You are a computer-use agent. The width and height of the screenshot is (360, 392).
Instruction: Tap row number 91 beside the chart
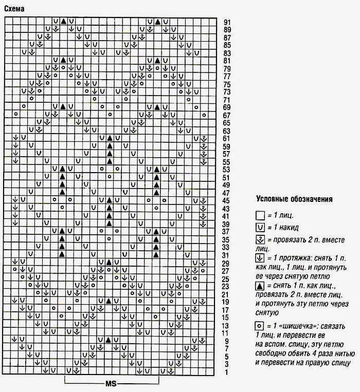(x=227, y=22)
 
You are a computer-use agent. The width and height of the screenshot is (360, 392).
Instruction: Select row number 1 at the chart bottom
(x=227, y=371)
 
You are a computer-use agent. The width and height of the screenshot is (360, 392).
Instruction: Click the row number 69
(x=227, y=107)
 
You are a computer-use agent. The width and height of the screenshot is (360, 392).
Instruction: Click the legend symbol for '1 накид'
(x=260, y=228)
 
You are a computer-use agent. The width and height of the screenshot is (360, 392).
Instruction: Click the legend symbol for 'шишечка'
(x=260, y=325)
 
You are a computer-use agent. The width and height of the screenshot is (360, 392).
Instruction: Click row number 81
(x=227, y=61)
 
